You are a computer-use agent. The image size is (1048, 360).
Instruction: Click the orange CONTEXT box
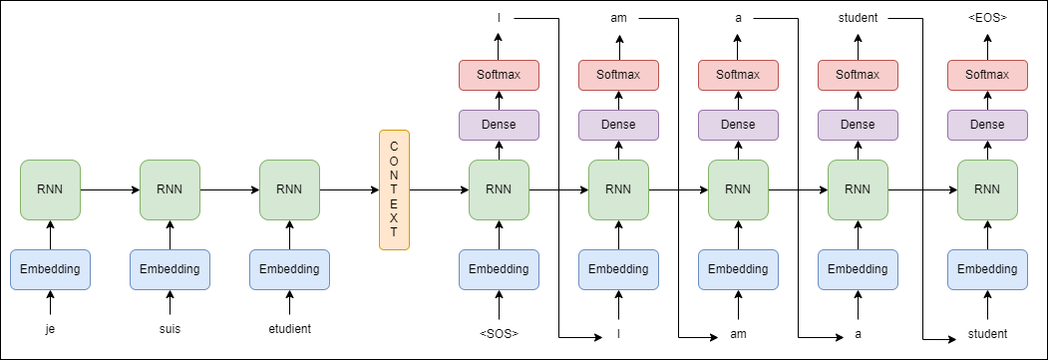pos(394,189)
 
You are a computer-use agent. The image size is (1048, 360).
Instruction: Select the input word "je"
pos(50,329)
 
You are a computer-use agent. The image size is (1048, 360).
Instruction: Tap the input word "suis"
pos(170,329)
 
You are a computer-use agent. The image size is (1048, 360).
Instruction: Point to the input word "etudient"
pos(289,329)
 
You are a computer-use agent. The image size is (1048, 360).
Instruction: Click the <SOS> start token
pos(499,334)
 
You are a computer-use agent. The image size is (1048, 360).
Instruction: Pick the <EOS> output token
pos(987,18)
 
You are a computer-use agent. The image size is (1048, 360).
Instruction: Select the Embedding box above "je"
pos(50,270)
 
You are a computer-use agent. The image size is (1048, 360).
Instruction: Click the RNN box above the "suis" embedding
pos(170,189)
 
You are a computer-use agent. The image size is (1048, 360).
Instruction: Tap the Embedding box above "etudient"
pos(289,270)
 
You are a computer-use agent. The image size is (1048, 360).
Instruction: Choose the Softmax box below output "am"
pos(618,75)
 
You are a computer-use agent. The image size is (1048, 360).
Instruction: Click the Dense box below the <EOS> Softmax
pos(987,125)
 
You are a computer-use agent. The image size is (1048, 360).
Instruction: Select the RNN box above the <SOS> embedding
pos(499,189)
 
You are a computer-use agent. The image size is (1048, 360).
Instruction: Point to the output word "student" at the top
pos(858,18)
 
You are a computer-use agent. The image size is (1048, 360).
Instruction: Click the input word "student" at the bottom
pos(987,334)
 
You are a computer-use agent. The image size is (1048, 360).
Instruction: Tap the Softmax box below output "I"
pos(499,75)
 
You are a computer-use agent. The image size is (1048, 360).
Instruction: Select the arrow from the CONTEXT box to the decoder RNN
pos(439,189)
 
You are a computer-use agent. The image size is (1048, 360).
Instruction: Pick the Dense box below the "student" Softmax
pos(858,125)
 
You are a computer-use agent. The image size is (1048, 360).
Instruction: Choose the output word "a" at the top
pos(738,18)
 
